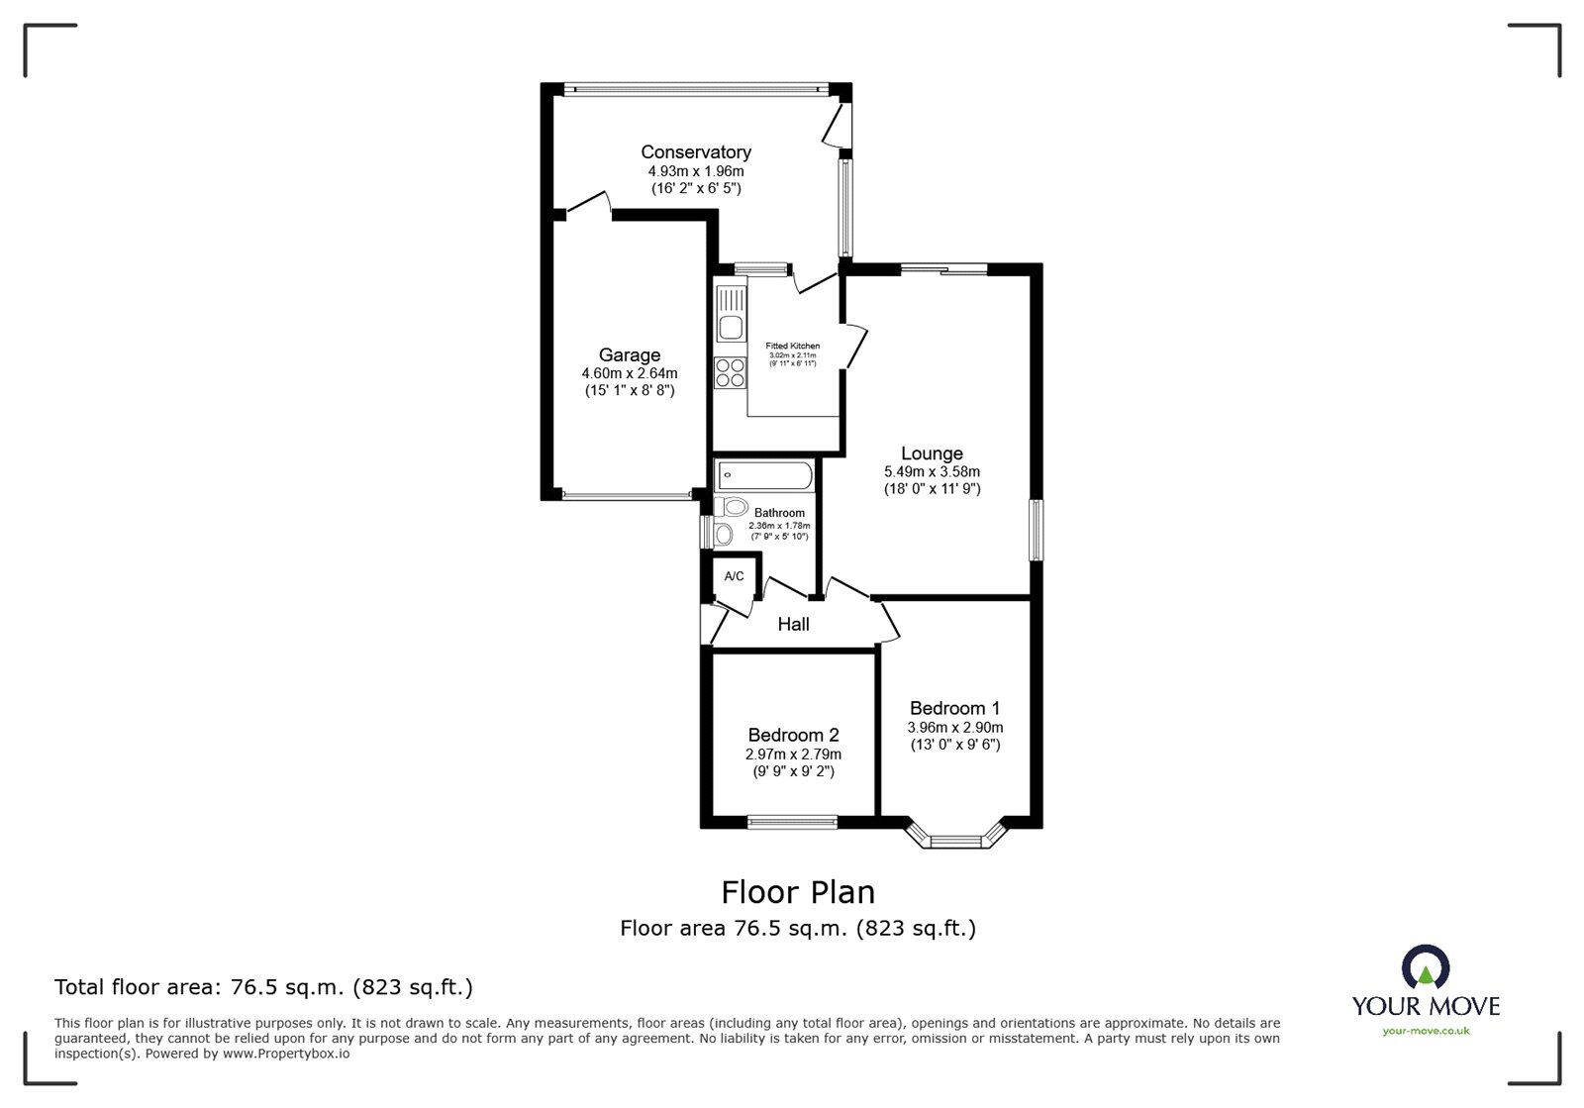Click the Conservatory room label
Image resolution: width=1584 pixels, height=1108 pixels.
coord(695,151)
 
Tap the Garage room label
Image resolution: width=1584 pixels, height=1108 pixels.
coord(629,354)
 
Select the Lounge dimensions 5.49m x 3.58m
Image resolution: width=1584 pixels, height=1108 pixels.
coord(932,472)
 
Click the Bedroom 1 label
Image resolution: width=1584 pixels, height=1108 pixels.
coord(954,708)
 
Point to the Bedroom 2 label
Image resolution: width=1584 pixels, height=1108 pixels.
coord(793,735)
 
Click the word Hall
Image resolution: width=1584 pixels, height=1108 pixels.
coord(793,624)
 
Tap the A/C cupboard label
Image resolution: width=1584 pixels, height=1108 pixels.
coord(734,576)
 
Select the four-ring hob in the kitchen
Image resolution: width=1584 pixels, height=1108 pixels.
coord(731,372)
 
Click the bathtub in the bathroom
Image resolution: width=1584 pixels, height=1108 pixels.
coord(763,476)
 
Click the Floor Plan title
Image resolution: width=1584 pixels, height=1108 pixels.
coord(798,892)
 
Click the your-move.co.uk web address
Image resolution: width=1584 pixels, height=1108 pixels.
coord(1426,1031)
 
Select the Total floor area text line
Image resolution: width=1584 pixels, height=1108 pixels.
coord(263,987)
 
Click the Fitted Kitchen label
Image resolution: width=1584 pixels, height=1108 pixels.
coord(792,346)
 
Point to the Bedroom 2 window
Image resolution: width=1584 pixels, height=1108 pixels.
coord(791,821)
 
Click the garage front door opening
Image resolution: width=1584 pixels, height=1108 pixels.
coord(627,494)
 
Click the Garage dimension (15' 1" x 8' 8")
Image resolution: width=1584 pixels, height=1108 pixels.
coord(629,390)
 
